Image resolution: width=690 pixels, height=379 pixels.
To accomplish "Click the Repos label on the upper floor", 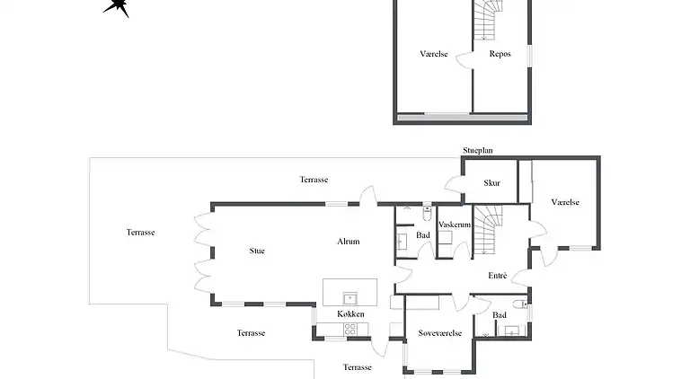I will click(500, 54).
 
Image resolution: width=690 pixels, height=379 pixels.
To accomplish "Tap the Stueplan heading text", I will click(478, 151).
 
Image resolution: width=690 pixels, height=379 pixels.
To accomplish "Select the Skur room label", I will click(491, 183).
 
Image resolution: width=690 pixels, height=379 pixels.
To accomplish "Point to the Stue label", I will click(257, 251).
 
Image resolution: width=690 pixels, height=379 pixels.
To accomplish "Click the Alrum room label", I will click(348, 242).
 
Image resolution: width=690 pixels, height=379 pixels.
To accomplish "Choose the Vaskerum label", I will click(455, 225).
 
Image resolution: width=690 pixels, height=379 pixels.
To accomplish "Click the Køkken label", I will click(350, 313).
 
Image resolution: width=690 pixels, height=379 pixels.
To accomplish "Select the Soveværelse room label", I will click(440, 333).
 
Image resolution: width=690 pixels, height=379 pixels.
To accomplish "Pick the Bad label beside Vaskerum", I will click(422, 235).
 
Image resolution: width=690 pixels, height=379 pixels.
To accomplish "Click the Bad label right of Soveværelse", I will click(500, 315).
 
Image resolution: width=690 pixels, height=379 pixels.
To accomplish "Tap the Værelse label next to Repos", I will click(433, 54).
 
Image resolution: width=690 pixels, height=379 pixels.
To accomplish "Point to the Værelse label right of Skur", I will click(565, 202).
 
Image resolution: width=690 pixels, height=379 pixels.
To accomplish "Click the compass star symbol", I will click(117, 6).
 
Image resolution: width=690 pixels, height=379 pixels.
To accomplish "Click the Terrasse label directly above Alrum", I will click(314, 180).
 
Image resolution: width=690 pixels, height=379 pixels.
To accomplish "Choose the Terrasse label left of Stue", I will click(140, 232).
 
